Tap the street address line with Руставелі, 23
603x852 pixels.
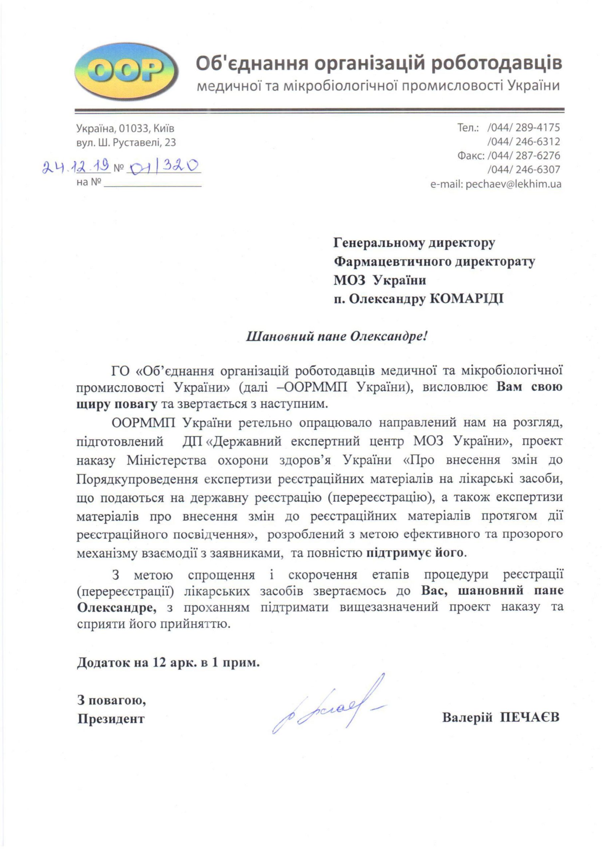click(x=126, y=142)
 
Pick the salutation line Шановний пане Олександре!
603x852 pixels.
click(x=337, y=337)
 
